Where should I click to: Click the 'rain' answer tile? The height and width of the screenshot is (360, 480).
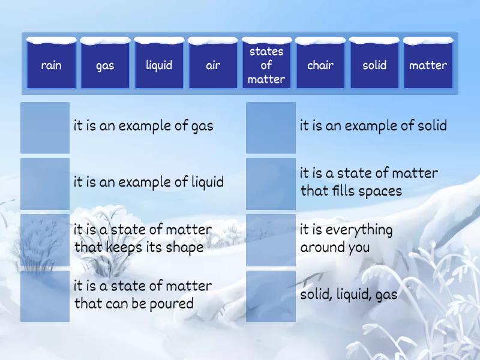[52, 64]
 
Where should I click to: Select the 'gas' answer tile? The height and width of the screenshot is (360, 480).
[105, 64]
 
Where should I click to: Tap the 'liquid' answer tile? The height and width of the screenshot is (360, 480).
[159, 64]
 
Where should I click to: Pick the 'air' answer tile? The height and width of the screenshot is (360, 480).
[213, 64]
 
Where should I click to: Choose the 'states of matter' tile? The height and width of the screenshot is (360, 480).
[266, 64]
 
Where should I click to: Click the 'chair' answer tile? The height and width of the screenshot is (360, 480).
[320, 64]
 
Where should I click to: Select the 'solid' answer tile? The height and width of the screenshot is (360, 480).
[374, 64]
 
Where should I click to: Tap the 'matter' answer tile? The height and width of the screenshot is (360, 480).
[428, 64]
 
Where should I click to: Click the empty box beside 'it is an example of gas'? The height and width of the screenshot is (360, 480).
[45, 127]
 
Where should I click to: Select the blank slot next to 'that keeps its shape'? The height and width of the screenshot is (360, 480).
[45, 240]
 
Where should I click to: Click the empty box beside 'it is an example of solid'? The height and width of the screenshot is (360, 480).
[271, 127]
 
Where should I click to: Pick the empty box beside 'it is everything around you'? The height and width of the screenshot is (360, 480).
[271, 240]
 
